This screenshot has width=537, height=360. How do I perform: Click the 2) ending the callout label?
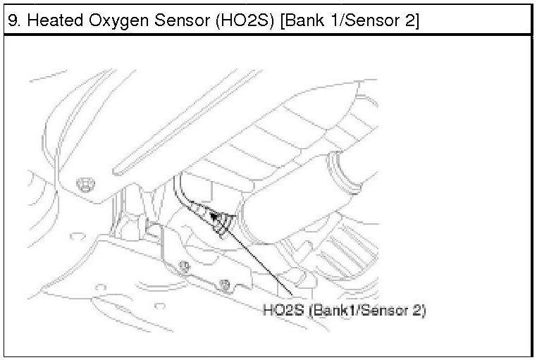[x=419, y=310]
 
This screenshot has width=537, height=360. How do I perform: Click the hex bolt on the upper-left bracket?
[x=86, y=182]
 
